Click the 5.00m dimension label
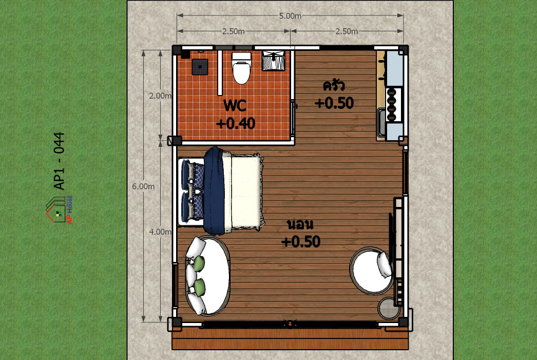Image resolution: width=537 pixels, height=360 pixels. (x=290, y=16)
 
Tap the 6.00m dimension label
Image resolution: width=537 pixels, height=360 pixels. (x=143, y=186)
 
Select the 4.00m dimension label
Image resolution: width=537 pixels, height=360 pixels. (x=160, y=232)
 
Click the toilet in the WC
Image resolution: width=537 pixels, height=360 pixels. (x=241, y=68)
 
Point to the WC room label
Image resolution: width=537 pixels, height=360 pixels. (x=235, y=105)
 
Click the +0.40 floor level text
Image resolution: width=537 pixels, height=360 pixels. (x=236, y=123)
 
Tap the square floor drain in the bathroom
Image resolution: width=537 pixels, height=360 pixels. (x=200, y=67)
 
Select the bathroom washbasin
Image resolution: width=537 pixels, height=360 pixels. (x=273, y=61)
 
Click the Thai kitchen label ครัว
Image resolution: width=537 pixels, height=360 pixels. (x=334, y=85)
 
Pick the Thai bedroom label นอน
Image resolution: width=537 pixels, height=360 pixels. (x=300, y=225)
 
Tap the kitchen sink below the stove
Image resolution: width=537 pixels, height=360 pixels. (x=381, y=122)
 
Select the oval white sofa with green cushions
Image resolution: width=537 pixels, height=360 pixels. (x=207, y=276)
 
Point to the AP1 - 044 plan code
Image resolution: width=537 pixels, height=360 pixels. (x=59, y=161)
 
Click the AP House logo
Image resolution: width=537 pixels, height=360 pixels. (x=59, y=210)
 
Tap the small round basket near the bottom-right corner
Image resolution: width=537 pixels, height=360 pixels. (x=389, y=308)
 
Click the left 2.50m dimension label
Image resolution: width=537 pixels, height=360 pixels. (x=234, y=31)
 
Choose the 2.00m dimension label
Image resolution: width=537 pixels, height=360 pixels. (x=160, y=96)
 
